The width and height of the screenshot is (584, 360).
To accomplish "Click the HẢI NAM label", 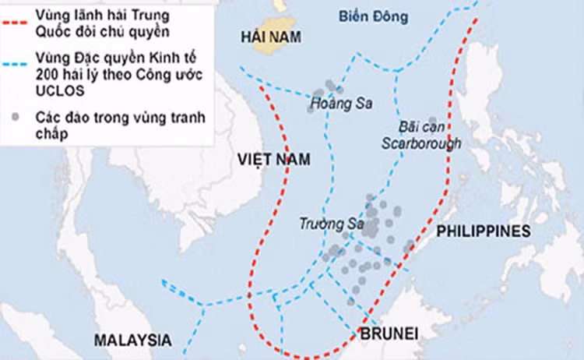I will (x=270, y=37).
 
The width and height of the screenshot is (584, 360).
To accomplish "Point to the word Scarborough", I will (x=423, y=143).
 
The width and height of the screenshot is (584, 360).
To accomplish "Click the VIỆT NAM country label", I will (x=273, y=160).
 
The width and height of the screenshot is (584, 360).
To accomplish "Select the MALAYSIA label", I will (x=132, y=341).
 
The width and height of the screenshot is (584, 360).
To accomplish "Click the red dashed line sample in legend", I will (x=16, y=19).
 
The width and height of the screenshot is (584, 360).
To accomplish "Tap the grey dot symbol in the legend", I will (x=16, y=118).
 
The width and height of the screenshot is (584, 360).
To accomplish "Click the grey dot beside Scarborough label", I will (x=432, y=121).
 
